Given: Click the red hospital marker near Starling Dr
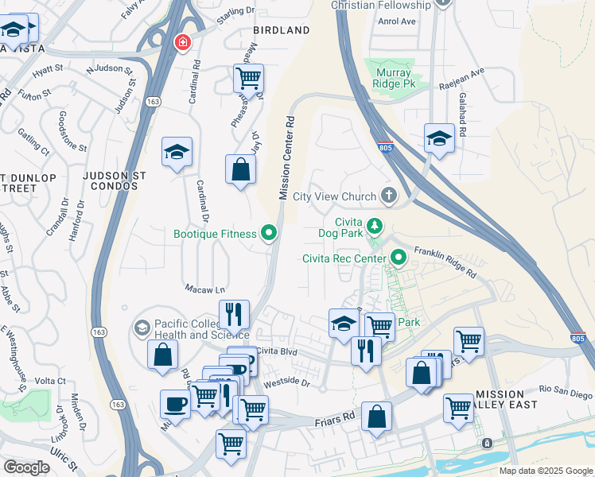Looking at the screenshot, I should pyautogui.click(x=183, y=41).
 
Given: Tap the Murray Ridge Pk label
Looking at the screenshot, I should pyautogui.click(x=395, y=78).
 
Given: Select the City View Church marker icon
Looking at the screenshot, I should pyautogui.click(x=389, y=195).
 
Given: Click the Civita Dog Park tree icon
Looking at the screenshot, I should pyautogui.click(x=375, y=228).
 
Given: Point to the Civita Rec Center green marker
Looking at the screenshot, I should pyautogui.click(x=399, y=258).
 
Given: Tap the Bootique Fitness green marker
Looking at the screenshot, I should pyautogui.click(x=270, y=234).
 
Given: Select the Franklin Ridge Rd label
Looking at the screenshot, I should pyautogui.click(x=445, y=260).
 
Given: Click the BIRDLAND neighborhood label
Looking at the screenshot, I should pyautogui.click(x=281, y=30).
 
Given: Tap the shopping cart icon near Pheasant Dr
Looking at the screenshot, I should pyautogui.click(x=249, y=79).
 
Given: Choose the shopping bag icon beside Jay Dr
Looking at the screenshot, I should pyautogui.click(x=240, y=169).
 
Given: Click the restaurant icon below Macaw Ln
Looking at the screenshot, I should pyautogui.click(x=233, y=315).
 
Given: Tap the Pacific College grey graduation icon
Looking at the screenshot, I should pyautogui.click(x=142, y=328).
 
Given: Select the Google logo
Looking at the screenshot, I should pyautogui.click(x=27, y=467).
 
